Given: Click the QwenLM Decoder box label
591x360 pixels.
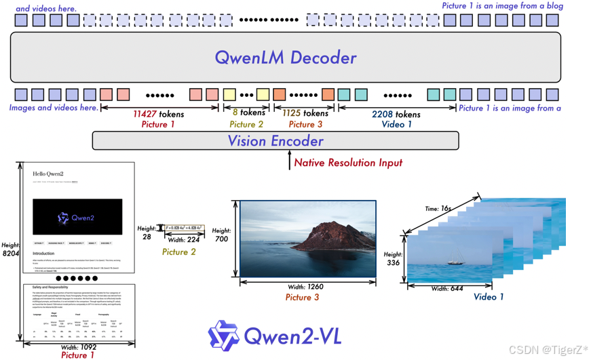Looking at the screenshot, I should click(x=285, y=58).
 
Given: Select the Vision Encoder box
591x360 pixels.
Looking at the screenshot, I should click(x=275, y=141).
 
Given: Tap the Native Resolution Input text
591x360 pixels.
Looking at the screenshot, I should click(x=348, y=163).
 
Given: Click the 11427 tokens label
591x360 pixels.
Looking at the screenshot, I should click(x=158, y=114).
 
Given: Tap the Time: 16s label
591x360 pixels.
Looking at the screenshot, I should click(x=438, y=208).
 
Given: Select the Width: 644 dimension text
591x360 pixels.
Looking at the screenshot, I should click(x=448, y=289).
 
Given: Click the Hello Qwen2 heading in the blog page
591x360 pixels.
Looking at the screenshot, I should click(x=48, y=174).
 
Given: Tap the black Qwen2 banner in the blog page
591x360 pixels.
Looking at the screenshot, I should click(x=77, y=217).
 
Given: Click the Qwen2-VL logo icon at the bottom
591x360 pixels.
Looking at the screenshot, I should click(x=223, y=336).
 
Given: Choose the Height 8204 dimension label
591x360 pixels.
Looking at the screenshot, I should click(x=10, y=249).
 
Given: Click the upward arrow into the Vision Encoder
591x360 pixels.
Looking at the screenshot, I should click(x=290, y=160).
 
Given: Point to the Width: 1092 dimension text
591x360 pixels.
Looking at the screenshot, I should click(x=78, y=346).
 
